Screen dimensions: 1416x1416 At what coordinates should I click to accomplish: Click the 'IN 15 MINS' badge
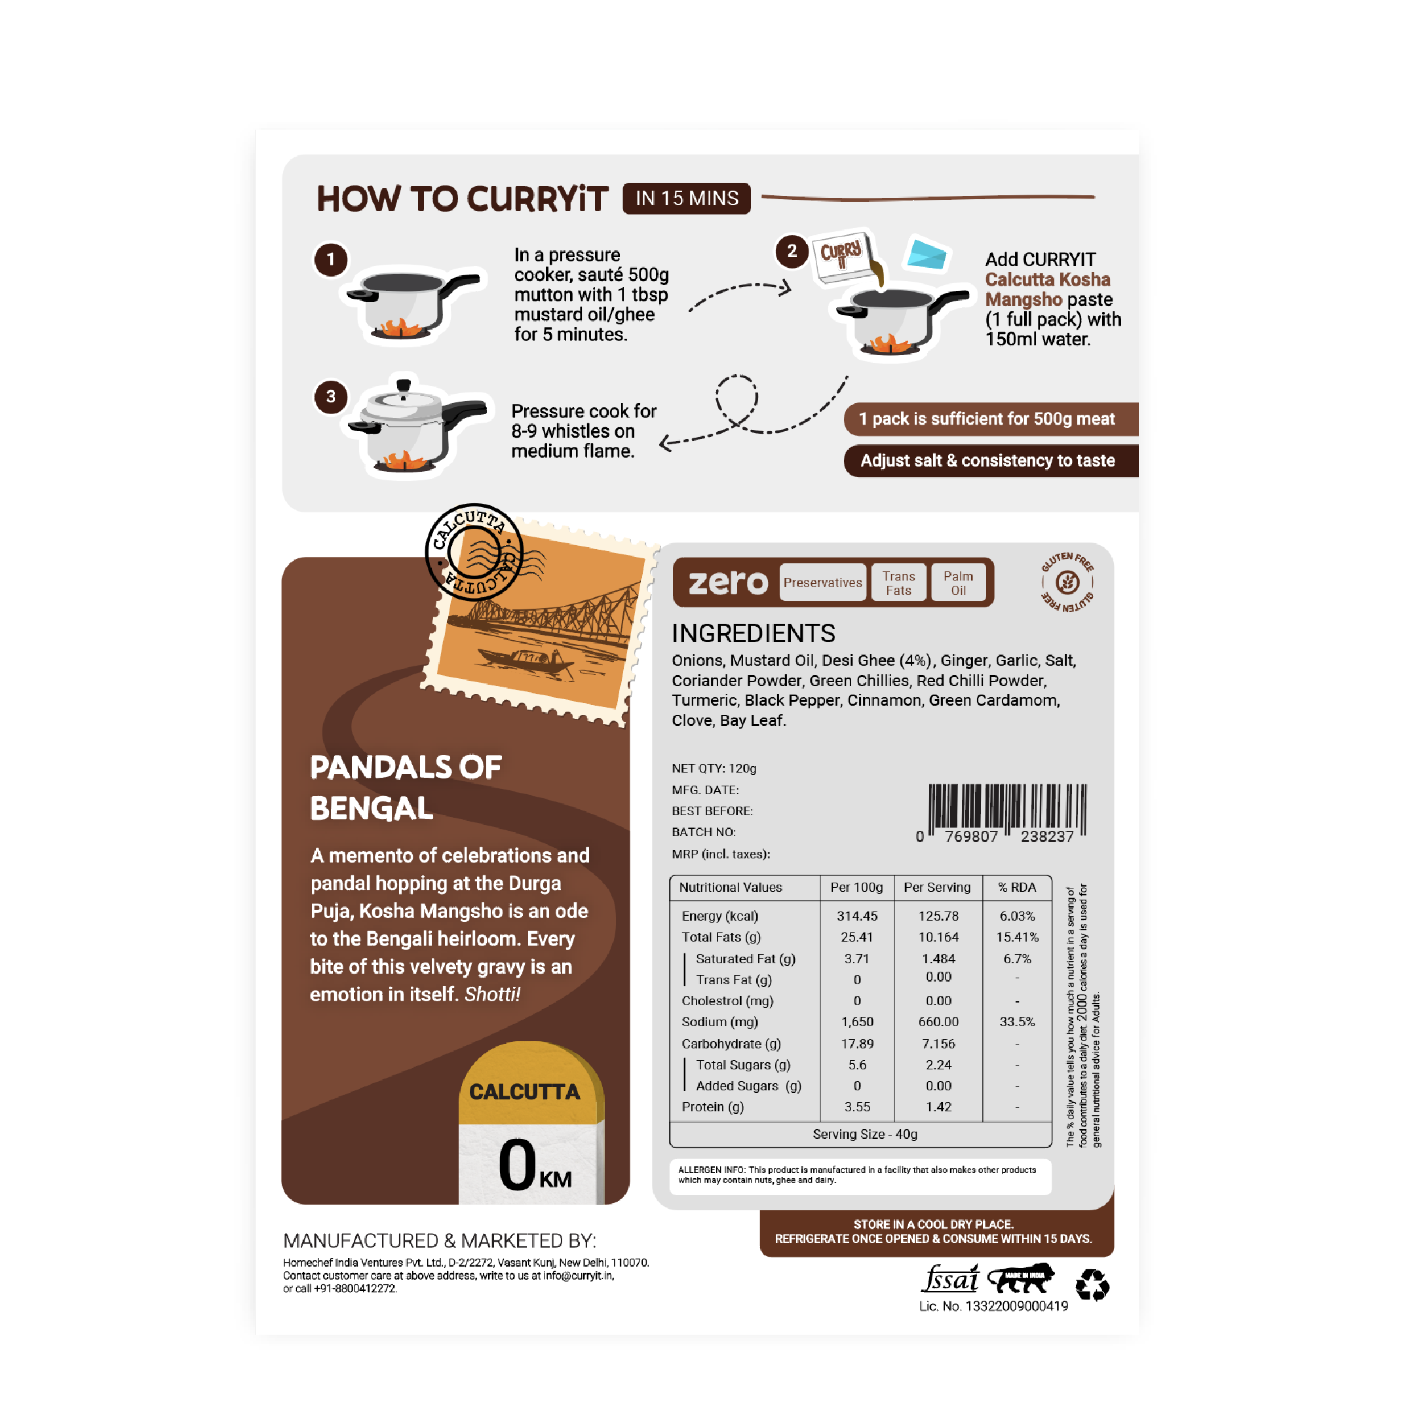[x=686, y=199]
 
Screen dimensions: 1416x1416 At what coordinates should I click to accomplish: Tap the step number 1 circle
[x=330, y=259]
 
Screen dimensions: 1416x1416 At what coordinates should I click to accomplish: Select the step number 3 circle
[x=330, y=396]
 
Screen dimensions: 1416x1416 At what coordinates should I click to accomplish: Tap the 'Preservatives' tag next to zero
[x=822, y=583]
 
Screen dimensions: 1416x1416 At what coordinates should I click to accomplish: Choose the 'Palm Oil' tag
[x=958, y=583]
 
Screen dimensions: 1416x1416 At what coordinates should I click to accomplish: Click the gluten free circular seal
[x=1067, y=583]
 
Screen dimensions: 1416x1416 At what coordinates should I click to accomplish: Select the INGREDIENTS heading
[x=754, y=633]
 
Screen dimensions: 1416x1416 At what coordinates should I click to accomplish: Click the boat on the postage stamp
[x=526, y=660]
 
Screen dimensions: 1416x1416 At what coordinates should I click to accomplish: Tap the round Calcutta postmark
[x=474, y=552]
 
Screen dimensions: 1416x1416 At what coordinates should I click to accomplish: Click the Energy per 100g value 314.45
[x=857, y=916]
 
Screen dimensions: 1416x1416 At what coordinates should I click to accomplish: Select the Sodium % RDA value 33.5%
[x=1018, y=1022]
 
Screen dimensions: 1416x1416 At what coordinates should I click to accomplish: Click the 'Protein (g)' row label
[x=712, y=1107]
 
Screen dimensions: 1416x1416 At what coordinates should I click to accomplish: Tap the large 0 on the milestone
[x=518, y=1164]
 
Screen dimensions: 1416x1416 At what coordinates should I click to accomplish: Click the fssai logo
[x=950, y=1279]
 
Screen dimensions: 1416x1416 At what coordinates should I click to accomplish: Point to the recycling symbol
[x=1092, y=1285]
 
